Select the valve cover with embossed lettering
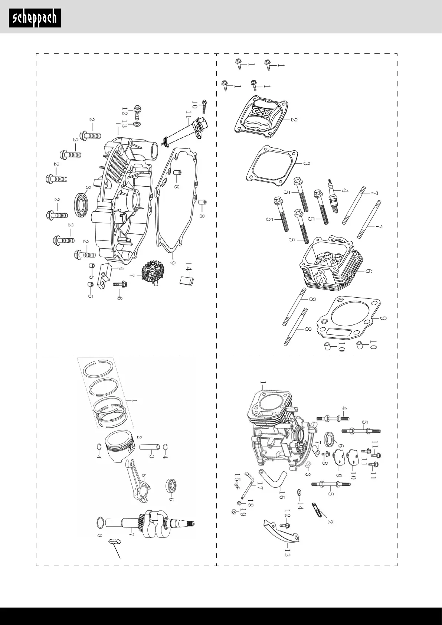coord(262,114)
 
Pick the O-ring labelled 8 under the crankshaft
coord(100,522)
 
